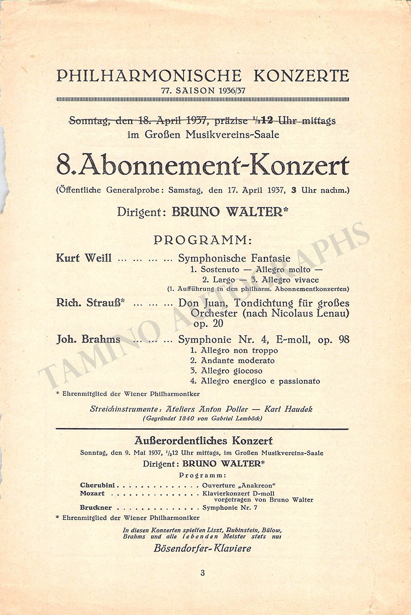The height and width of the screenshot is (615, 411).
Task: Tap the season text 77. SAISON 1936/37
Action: tap(203, 90)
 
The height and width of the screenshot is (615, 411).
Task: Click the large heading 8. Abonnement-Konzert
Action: tap(203, 165)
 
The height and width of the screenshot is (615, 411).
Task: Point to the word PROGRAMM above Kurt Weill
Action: tap(203, 240)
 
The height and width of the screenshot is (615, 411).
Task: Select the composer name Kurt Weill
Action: tap(84, 258)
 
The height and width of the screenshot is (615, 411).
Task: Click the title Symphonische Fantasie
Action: tap(234, 258)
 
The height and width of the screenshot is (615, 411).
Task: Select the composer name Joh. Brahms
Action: tap(88, 339)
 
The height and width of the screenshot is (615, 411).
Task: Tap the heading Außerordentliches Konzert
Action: tap(204, 441)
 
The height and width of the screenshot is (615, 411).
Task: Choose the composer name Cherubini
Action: tap(97, 485)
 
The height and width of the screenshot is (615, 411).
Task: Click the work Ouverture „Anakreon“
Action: tap(239, 485)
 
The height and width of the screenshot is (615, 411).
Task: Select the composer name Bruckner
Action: tap(96, 507)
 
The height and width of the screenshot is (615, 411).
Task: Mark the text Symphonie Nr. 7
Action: tap(230, 507)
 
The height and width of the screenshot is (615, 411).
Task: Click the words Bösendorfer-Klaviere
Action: tap(203, 548)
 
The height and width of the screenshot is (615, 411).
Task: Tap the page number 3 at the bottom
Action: tap(203, 573)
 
